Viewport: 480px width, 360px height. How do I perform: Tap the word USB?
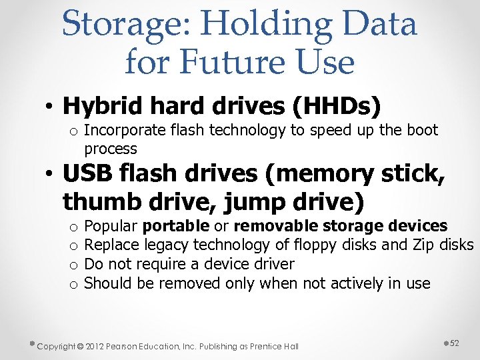pyautogui.click(x=85, y=173)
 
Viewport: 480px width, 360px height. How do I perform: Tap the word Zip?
pyautogui.click(x=418, y=245)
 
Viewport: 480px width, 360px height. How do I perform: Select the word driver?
pyautogui.click(x=273, y=264)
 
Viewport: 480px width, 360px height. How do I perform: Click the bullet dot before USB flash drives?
pyautogui.click(x=50, y=175)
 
